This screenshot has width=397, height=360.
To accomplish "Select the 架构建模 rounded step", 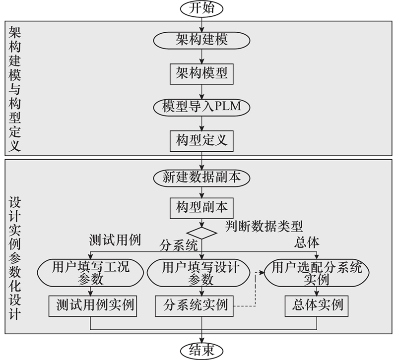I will [201, 40].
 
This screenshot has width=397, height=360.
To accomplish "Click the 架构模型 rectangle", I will [201, 74].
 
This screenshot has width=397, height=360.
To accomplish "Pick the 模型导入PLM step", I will [201, 107].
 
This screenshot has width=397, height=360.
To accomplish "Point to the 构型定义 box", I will [201, 140].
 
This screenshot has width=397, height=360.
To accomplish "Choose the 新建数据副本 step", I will [201, 177].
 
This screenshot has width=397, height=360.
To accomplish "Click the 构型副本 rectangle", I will [201, 207].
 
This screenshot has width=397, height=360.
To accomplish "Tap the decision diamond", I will [201, 232].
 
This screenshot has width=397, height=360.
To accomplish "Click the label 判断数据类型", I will [264, 225].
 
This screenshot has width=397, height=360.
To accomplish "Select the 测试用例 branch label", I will [115, 240].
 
